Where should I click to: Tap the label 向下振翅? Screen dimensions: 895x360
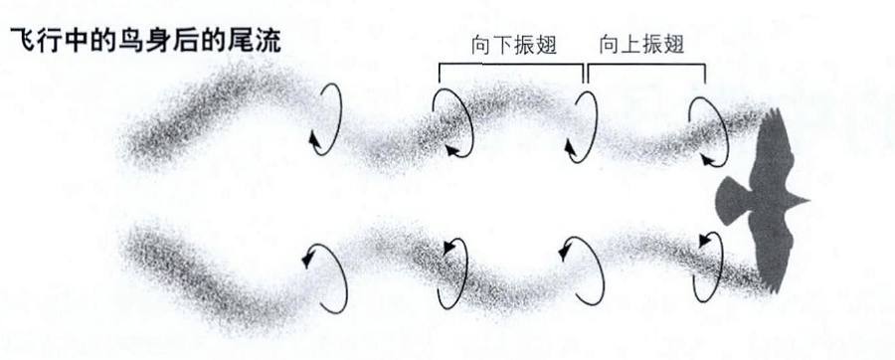(x=513, y=45)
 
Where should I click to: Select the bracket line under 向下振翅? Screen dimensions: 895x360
(x=511, y=64)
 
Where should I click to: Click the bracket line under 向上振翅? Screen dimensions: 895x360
(x=646, y=64)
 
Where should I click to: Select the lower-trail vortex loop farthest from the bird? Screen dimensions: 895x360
(x=322, y=266)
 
